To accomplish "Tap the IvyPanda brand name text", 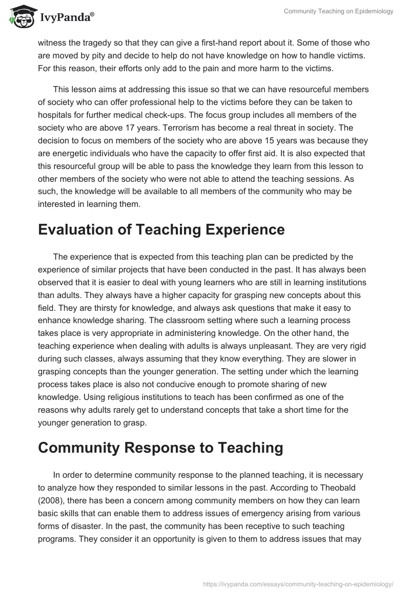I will coord(66,17).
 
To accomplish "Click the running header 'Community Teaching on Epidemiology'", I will coord(338,12).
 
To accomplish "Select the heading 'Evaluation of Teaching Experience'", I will coord(161,230).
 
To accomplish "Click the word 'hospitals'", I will coord(55,114).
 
